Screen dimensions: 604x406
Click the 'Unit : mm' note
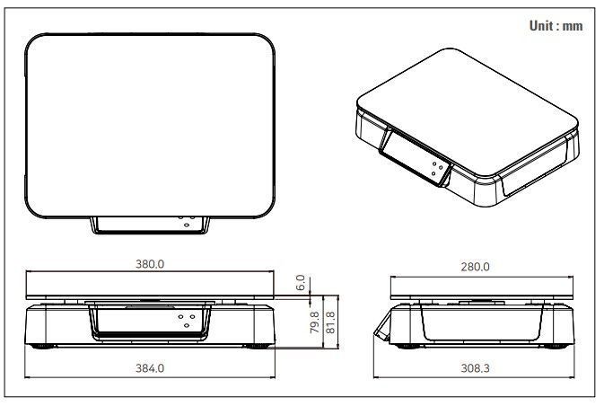point(556,26)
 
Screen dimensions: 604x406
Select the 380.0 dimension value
point(150,264)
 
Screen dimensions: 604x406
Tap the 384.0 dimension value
point(150,368)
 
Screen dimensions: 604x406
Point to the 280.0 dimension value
point(476,267)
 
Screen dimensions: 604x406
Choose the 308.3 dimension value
point(476,368)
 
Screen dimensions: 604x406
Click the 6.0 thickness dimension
point(301,282)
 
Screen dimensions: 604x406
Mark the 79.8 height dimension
point(315,322)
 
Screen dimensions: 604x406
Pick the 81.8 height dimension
point(330,322)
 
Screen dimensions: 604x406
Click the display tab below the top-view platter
point(150,225)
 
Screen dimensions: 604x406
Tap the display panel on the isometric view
point(416,157)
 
